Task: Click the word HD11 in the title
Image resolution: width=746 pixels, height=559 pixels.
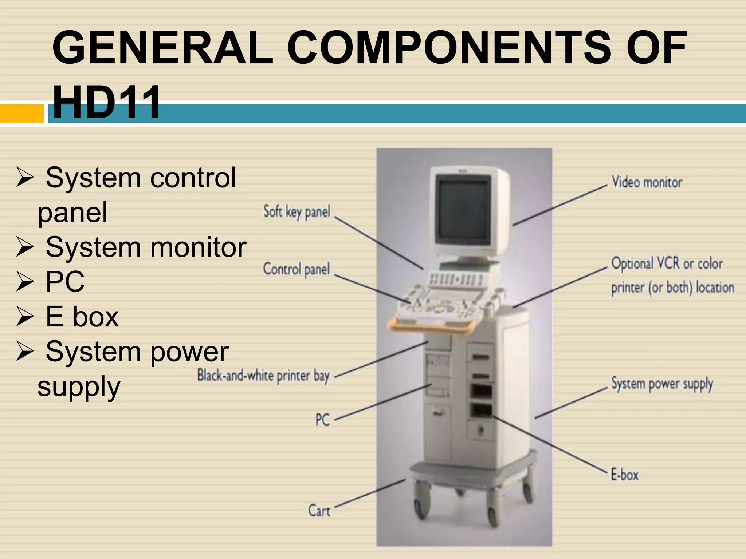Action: tap(106, 103)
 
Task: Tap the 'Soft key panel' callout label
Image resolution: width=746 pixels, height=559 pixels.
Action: tap(297, 212)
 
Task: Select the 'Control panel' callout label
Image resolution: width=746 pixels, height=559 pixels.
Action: tap(296, 269)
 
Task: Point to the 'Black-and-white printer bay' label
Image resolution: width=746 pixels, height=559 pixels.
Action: tap(263, 376)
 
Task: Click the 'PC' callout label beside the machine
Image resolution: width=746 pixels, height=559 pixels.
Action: tap(322, 420)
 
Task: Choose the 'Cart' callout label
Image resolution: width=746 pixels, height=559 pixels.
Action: tap(319, 510)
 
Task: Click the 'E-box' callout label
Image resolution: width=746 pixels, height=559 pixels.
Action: tap(625, 475)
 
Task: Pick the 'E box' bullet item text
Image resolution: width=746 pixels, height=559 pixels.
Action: tap(82, 317)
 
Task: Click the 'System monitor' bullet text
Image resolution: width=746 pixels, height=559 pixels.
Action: tap(146, 247)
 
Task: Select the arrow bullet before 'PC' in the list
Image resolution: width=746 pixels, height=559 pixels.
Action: tap(25, 282)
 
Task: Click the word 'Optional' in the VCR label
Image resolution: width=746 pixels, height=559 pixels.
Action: tap(632, 263)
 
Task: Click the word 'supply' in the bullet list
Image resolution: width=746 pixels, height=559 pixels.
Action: tap(79, 387)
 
